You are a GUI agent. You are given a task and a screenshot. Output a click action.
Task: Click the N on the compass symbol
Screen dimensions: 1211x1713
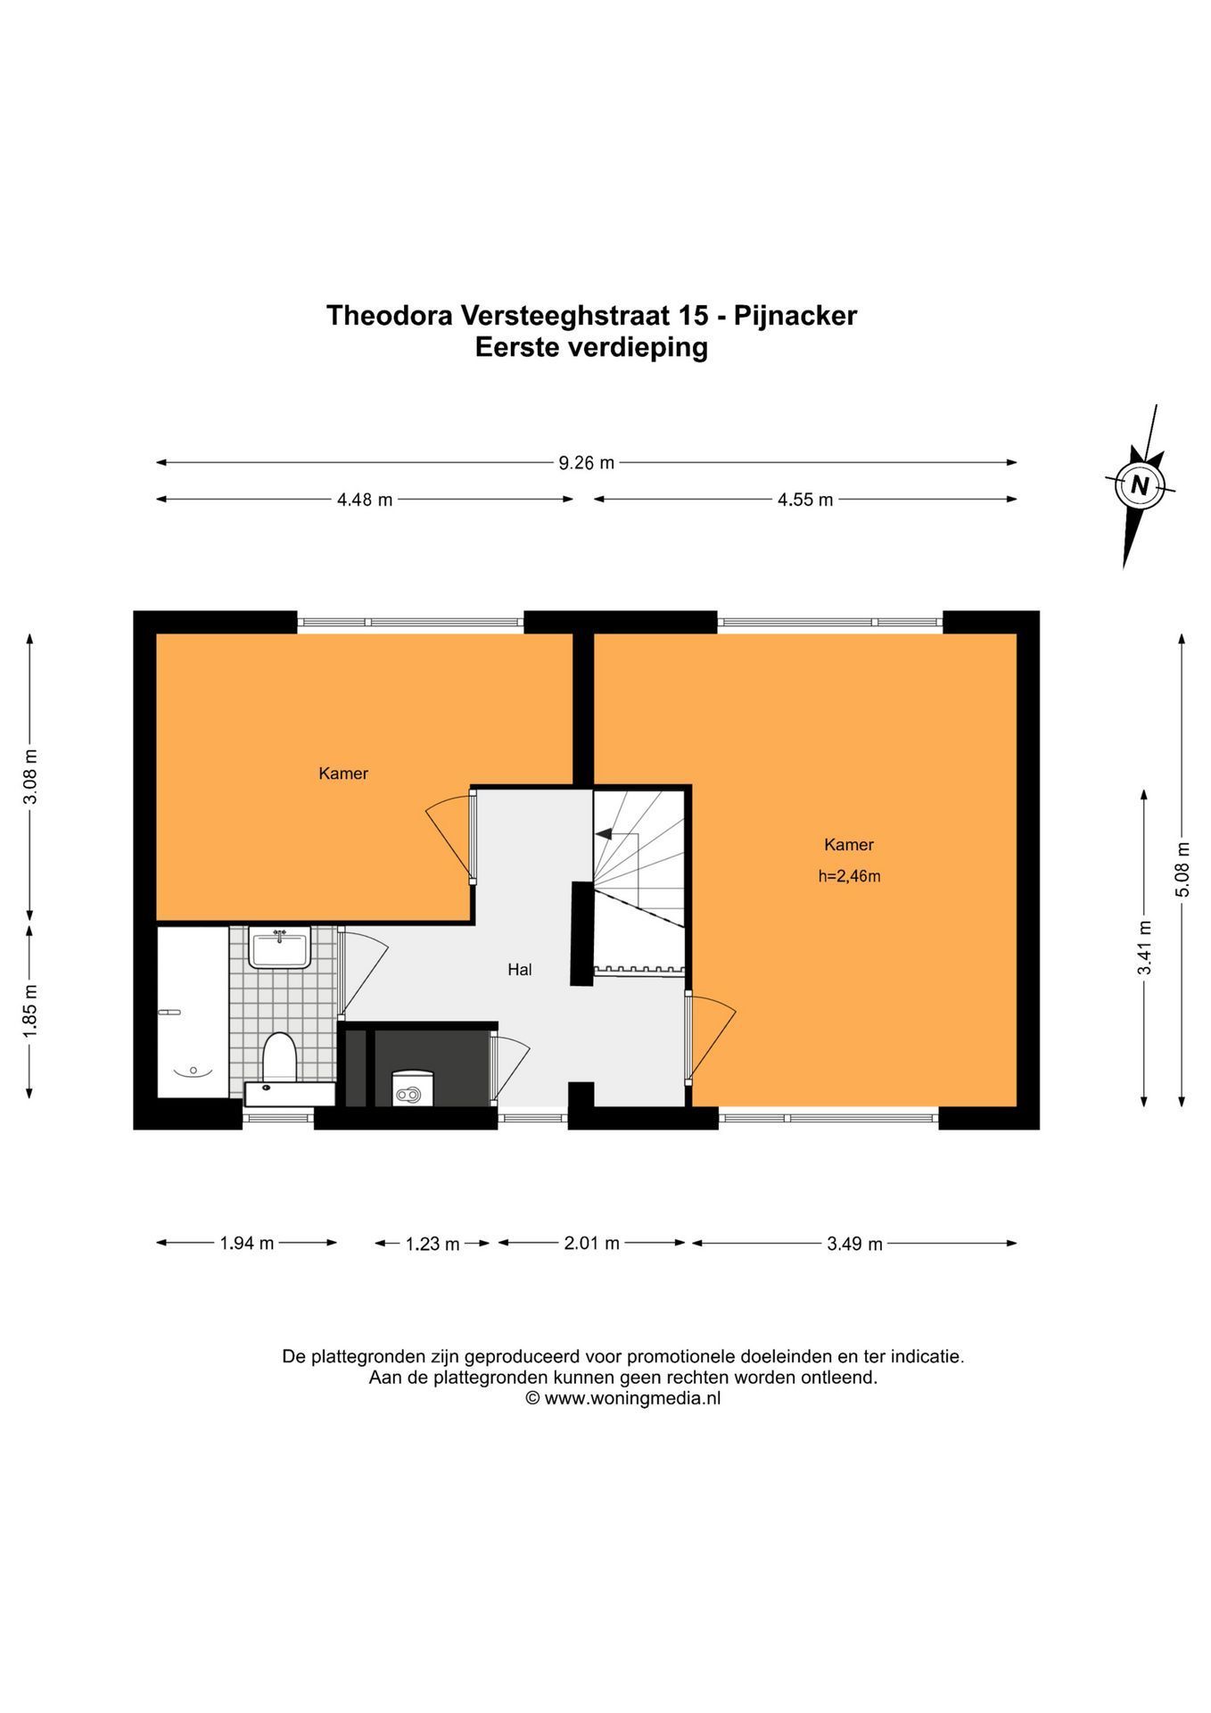pyautogui.click(x=1139, y=486)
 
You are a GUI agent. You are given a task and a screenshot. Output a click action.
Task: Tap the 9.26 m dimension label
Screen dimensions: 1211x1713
pyautogui.click(x=587, y=463)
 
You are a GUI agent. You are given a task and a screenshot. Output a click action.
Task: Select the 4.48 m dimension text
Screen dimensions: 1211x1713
pyautogui.click(x=365, y=500)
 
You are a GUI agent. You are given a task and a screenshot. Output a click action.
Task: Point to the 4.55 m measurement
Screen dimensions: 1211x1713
pyautogui.click(x=805, y=500)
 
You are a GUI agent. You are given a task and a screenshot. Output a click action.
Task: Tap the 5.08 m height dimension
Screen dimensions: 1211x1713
pyautogui.click(x=1182, y=870)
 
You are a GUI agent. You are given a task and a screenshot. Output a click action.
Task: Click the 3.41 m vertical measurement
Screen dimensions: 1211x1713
pyautogui.click(x=1145, y=948)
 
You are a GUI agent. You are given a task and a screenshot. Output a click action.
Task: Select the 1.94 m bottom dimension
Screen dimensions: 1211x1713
pyautogui.click(x=247, y=1243)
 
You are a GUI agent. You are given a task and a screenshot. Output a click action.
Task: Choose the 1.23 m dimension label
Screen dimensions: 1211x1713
pyautogui.click(x=432, y=1244)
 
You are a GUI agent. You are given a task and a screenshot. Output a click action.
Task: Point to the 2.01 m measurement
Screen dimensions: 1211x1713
pyautogui.click(x=591, y=1243)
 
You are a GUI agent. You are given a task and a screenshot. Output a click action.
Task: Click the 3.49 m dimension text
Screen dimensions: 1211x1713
pyautogui.click(x=854, y=1244)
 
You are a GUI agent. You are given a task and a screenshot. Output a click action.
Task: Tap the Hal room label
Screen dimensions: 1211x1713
pyautogui.click(x=520, y=969)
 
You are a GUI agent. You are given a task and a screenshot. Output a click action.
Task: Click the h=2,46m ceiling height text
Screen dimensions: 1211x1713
pyautogui.click(x=850, y=876)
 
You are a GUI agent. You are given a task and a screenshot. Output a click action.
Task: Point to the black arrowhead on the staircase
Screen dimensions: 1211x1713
pyautogui.click(x=604, y=834)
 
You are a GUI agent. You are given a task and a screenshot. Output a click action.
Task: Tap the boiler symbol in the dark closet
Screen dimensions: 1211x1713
pyautogui.click(x=412, y=1088)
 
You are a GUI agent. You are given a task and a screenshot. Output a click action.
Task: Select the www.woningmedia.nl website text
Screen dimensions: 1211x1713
pyautogui.click(x=632, y=1399)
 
